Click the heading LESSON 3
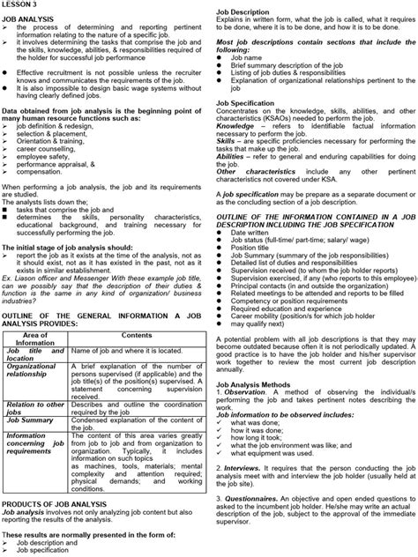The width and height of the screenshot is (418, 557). point(19,5)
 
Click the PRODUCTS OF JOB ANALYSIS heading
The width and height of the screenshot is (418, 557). point(51,506)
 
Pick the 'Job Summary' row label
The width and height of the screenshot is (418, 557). point(32,419)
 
